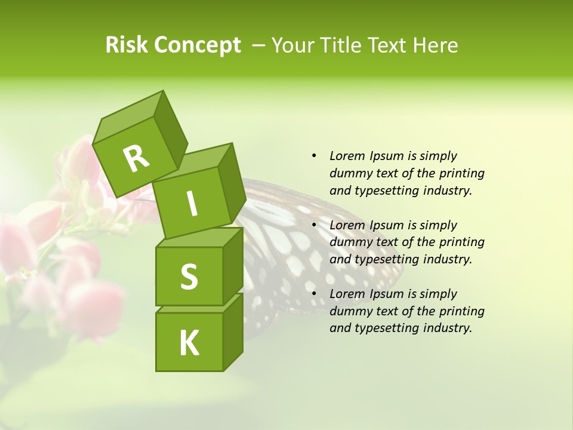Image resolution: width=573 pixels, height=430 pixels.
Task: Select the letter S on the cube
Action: [189, 276]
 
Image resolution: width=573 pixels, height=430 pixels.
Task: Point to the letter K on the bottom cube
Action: [189, 343]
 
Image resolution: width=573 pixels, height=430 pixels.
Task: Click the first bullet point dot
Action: [314, 156]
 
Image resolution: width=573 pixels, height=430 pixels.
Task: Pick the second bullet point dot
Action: [314, 225]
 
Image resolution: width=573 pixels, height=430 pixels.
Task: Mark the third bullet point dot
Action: [314, 294]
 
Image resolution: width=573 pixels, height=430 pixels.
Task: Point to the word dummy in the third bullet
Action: [350, 311]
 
